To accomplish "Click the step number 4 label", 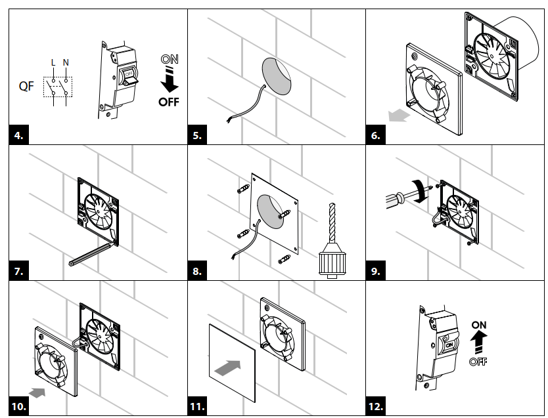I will point(19,136).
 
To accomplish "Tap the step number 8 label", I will point(198,270).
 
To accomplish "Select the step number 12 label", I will point(377,406).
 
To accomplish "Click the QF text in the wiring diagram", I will point(27,87).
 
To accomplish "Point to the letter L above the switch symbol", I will point(53,63).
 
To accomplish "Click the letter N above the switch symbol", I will point(66,63).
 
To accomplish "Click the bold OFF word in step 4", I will point(168,102).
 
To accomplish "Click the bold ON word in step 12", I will point(478,325).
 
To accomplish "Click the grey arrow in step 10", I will point(39,392).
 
